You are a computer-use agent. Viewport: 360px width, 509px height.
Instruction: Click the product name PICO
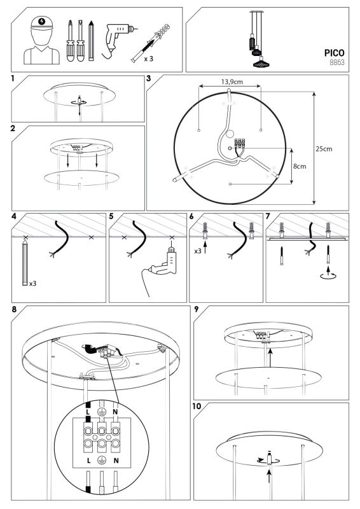coord(334,53)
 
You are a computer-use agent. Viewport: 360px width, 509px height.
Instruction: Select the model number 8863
coord(337,62)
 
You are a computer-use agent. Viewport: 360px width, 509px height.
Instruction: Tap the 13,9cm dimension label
coord(232,82)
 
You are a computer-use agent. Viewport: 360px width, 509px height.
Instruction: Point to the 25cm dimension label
coord(324,149)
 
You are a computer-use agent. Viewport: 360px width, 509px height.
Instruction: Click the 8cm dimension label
coord(300,166)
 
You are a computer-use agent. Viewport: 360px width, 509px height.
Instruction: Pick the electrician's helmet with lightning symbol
coord(41,23)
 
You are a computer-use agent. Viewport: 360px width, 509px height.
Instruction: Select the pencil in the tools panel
coord(91,41)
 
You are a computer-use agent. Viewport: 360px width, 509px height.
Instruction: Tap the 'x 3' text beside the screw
coord(148,59)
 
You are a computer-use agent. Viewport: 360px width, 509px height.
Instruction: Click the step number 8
coord(14,309)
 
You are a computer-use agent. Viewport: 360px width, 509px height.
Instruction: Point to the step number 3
coord(149,78)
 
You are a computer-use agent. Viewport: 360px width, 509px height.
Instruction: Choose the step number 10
coord(197,406)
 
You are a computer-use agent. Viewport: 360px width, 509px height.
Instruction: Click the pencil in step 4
coord(25,263)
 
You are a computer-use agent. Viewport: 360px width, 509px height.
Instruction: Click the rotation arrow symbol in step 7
coord(328,276)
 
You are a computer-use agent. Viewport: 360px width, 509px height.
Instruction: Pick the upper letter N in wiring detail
coord(115,412)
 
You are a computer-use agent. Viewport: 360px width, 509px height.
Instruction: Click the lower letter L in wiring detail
coord(88,460)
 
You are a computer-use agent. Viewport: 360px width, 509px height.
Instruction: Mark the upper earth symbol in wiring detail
coord(101,412)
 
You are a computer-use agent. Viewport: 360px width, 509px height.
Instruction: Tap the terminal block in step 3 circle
coord(240,144)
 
